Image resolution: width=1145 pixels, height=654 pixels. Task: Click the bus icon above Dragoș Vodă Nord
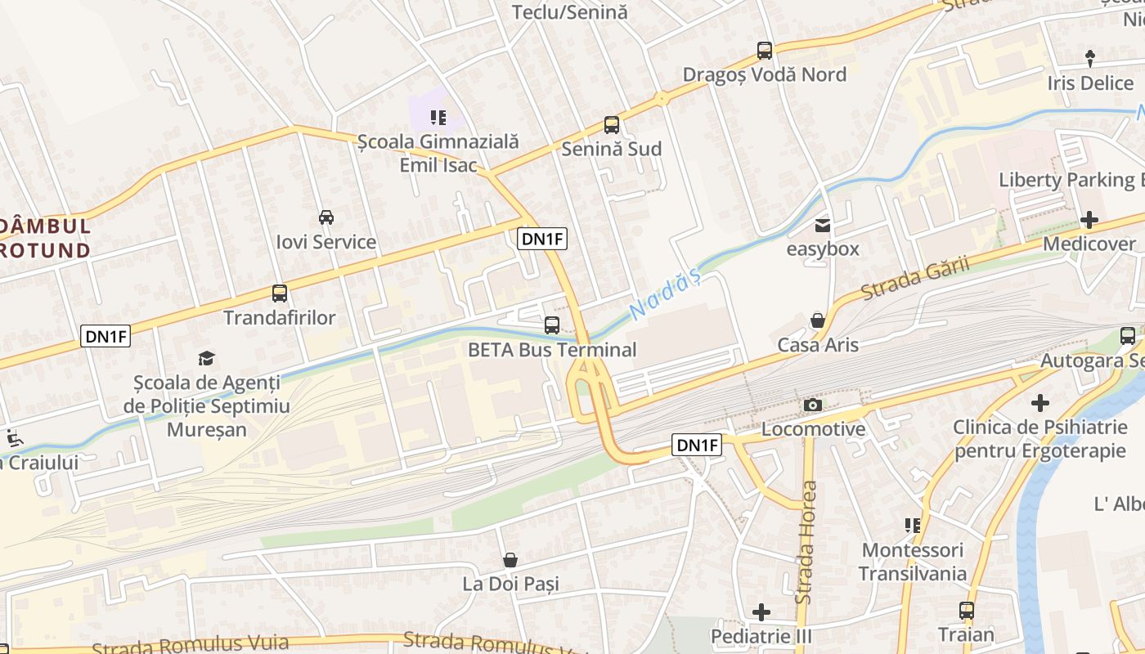pos(765,51)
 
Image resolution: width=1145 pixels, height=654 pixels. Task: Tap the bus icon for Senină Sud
pos(612,125)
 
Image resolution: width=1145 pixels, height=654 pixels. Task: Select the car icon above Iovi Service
pos(326,217)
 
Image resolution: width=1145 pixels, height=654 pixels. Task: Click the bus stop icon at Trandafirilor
pos(280,293)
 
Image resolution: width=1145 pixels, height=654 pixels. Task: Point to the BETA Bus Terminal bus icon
pos(552,325)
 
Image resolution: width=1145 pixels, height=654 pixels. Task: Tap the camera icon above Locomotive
pos(812,405)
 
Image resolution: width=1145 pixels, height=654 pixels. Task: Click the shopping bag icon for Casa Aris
pos(817,320)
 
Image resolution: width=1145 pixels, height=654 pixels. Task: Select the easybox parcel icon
pos(822,225)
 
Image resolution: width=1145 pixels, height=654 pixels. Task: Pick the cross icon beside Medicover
pos(1089,220)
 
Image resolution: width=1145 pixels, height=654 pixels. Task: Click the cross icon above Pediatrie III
pos(761,611)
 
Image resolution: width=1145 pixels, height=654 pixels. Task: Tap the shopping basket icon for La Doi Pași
pos(510,560)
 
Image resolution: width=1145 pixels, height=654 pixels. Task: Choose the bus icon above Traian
pos(967,610)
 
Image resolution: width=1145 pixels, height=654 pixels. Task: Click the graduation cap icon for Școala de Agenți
pos(206,358)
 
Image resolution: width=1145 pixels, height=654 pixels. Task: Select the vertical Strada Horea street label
pos(806,543)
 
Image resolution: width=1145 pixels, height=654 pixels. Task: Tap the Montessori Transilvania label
pos(912,562)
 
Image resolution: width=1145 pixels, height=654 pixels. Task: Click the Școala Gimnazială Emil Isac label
pos(438,153)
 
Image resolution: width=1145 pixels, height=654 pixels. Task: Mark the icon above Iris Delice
pos(1089,58)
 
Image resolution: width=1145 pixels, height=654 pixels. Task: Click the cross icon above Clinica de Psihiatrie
pos(1039,403)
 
